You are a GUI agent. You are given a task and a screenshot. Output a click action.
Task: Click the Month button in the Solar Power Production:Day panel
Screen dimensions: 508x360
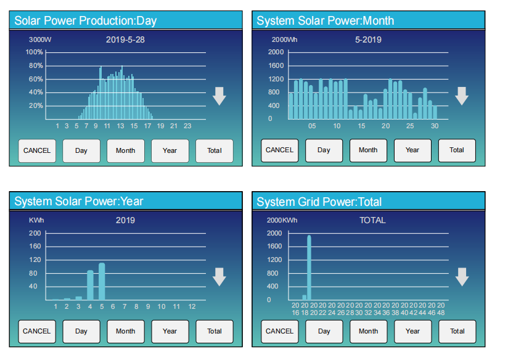coord(126,150)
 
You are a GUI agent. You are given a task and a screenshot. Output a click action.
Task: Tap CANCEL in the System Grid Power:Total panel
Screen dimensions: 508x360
coord(280,331)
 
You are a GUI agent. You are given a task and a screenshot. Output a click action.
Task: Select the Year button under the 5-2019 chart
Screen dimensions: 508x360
coord(412,150)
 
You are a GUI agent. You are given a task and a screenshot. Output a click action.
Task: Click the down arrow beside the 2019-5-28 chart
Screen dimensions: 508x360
coord(219,96)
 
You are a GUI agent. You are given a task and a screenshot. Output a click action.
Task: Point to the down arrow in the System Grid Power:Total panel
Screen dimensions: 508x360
coord(462,277)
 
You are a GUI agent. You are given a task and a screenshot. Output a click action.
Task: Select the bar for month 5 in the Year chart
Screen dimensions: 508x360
coord(102,281)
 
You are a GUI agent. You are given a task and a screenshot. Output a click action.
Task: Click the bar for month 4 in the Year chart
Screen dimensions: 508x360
coord(90,285)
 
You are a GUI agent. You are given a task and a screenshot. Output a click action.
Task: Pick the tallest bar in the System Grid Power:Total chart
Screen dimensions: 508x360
coord(309,268)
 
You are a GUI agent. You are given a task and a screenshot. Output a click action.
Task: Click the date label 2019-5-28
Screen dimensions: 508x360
coord(125,40)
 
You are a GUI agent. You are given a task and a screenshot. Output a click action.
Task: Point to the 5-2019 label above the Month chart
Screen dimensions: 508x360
coord(369,40)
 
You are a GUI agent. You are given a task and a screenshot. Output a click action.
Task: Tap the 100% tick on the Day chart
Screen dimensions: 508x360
coord(34,52)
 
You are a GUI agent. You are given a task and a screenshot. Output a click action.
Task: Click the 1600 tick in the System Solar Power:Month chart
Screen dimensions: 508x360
coord(276,65)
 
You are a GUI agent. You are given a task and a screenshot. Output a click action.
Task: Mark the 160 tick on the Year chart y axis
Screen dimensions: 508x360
coord(35,246)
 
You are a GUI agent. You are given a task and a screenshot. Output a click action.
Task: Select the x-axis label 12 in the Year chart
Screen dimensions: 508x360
coord(192,306)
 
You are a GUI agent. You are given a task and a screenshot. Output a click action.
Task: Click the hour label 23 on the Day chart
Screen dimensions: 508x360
coord(187,126)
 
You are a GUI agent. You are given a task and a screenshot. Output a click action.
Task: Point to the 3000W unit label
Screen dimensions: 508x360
coord(40,40)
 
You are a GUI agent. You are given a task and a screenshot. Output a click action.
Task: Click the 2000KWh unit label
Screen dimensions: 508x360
coord(282,220)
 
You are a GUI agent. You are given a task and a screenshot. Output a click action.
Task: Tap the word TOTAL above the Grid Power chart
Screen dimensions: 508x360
coord(372,220)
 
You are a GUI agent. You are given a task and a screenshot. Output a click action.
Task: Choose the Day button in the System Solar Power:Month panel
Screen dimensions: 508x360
coord(324,150)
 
